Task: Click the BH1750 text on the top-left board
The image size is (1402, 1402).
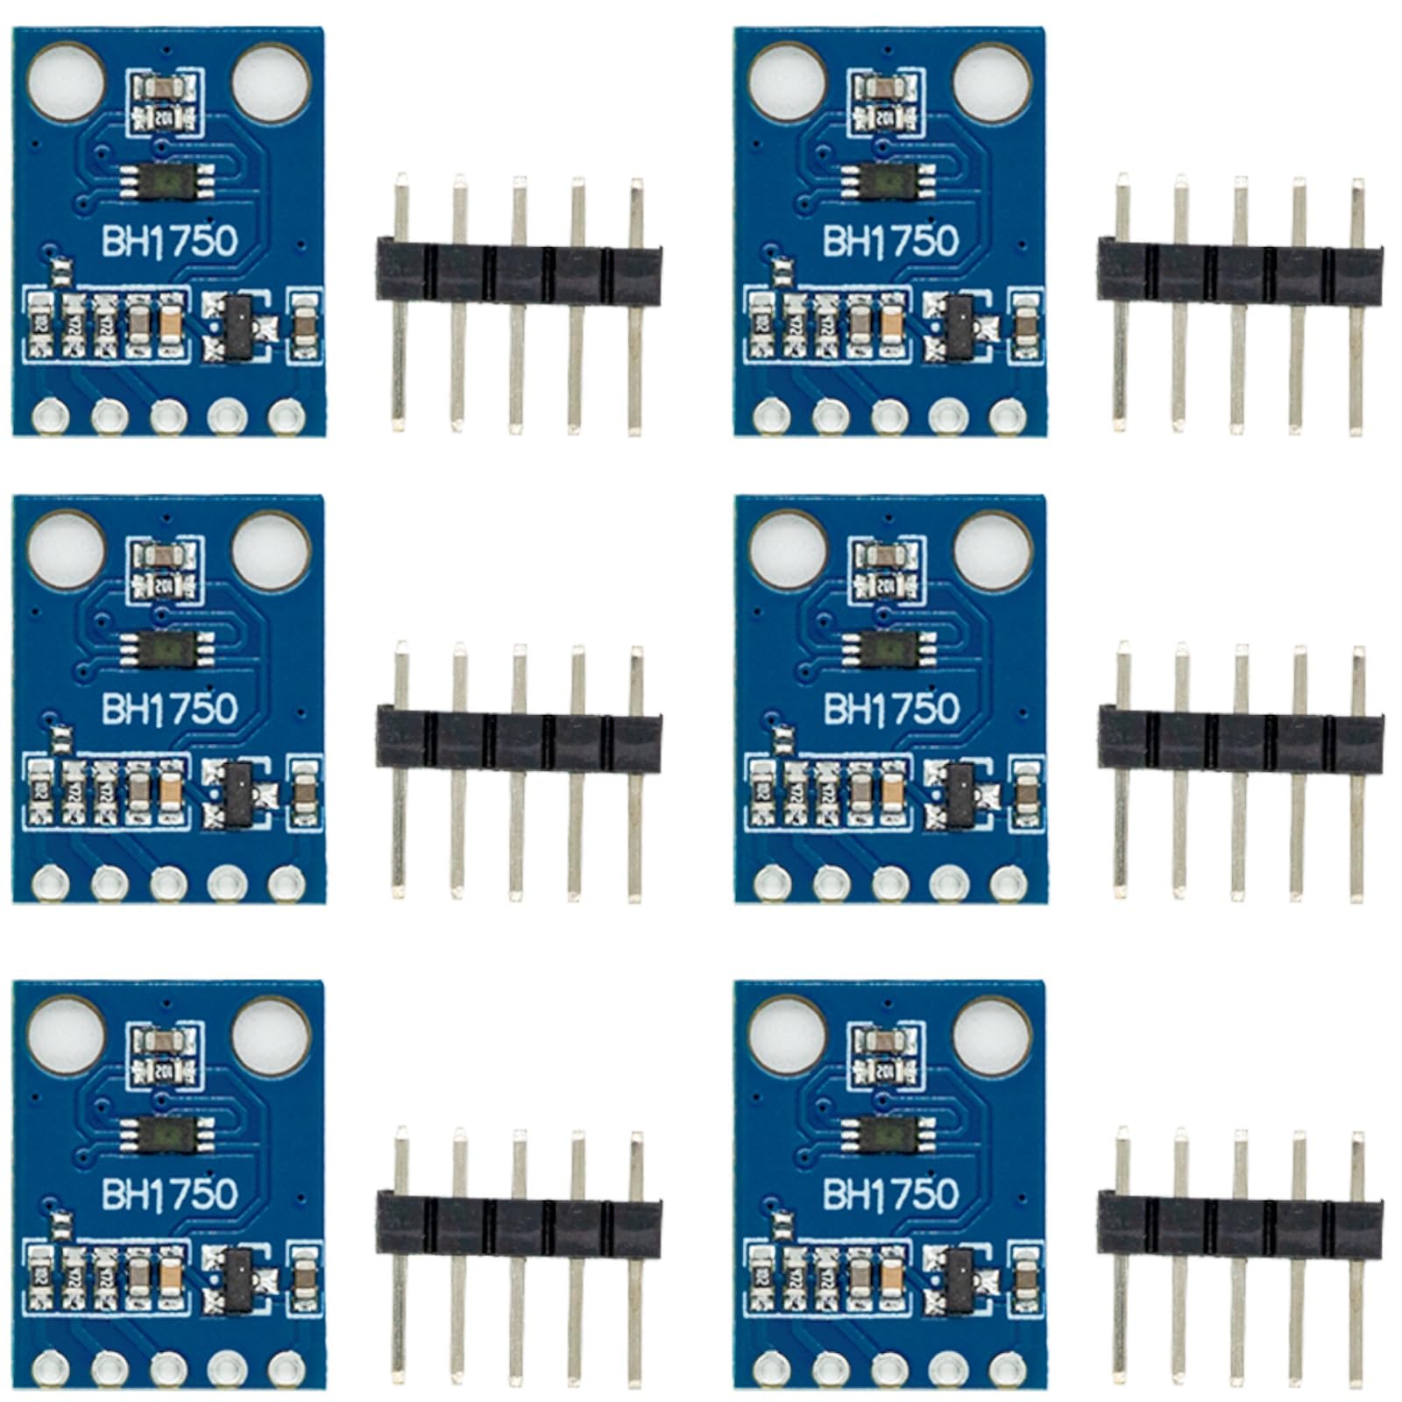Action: (169, 240)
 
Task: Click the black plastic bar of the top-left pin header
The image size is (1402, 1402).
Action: (518, 261)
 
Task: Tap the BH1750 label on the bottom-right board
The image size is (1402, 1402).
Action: (891, 1193)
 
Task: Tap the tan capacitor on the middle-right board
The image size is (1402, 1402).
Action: (892, 792)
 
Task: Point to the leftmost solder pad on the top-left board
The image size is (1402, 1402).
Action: (50, 415)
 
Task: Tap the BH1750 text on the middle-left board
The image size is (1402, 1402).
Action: (169, 708)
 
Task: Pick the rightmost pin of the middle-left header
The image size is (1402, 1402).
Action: (635, 771)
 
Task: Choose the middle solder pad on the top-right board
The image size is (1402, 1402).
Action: (889, 415)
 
